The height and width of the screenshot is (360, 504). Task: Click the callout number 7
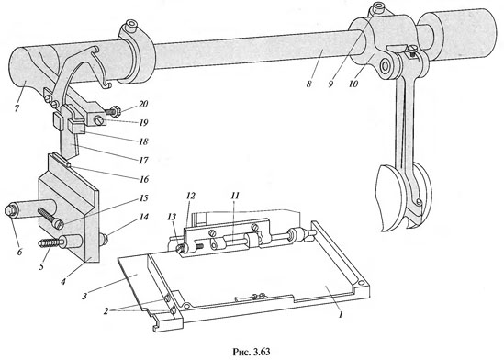pos(17,107)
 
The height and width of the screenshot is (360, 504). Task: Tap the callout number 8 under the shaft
pos(308,84)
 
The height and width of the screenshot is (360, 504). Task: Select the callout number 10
pos(353,84)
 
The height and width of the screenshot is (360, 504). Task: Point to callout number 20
pos(143,104)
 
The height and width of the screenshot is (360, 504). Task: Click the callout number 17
pos(143,160)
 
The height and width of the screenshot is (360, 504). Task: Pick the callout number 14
pos(143,217)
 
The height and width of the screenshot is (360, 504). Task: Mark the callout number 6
pos(19,252)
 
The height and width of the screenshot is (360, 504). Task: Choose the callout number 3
pos(84,296)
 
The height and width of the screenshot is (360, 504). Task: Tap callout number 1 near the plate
pos(341,314)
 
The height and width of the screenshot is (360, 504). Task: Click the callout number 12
pos(191,196)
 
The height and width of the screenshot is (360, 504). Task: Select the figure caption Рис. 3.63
pos(252,352)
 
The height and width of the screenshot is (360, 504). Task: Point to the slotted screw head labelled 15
pos(58,224)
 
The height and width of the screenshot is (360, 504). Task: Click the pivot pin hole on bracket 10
pos(384,65)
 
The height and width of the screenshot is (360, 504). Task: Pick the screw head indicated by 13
pos(181,249)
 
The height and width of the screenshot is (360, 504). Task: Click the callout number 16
pos(143,179)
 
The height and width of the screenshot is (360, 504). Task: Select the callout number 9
pos(331,84)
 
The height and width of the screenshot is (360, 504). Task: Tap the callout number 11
pos(235,196)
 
